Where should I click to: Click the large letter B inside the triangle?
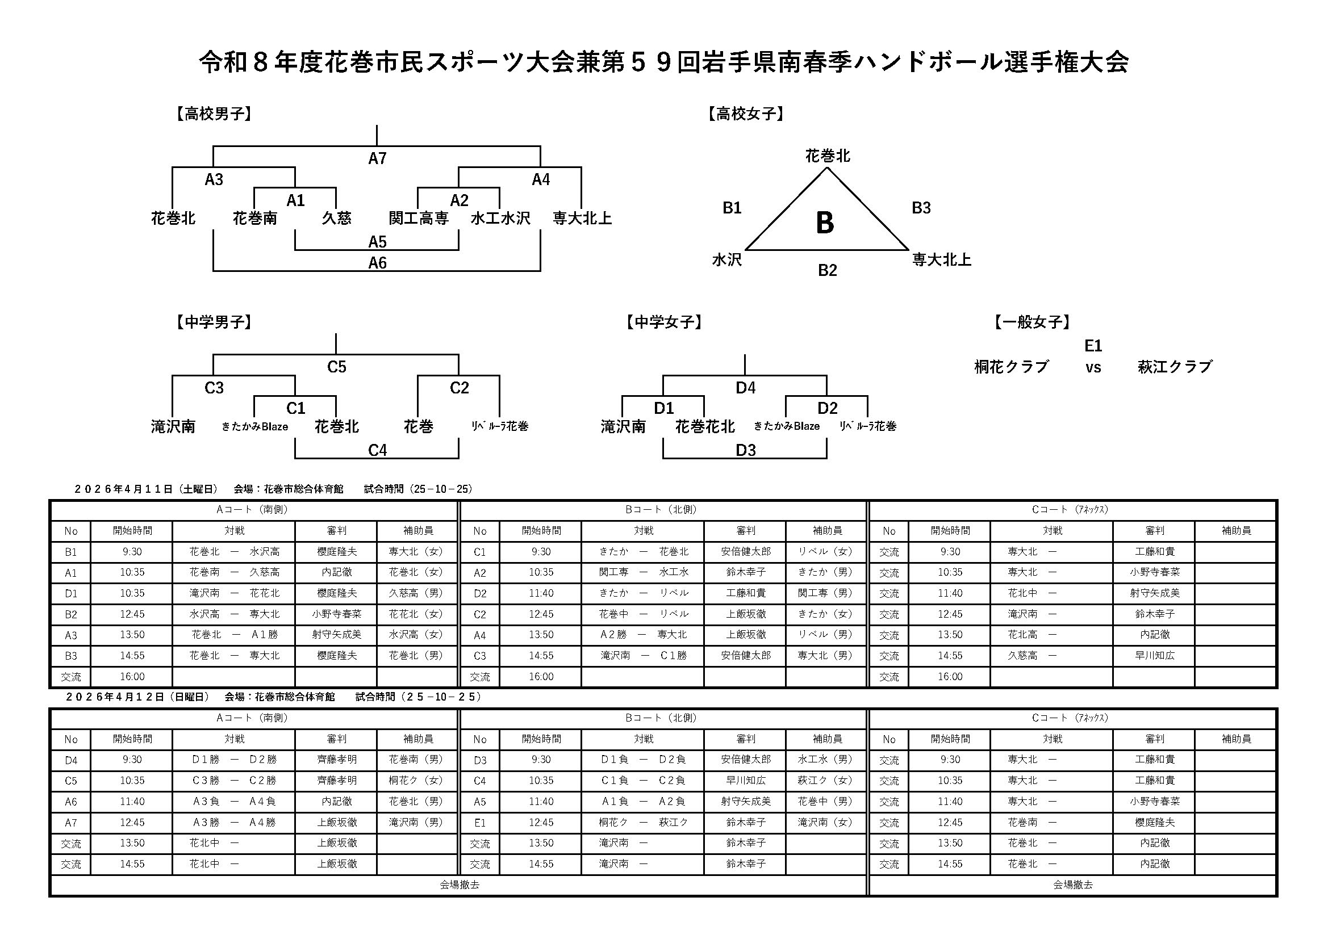(825, 223)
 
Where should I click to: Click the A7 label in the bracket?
(377, 158)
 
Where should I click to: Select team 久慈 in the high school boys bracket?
(336, 218)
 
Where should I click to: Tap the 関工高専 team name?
(418, 218)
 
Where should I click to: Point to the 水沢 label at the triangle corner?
(726, 259)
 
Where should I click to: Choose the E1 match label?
(1093, 346)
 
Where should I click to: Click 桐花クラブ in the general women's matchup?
(1011, 367)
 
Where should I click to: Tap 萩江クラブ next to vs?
(1174, 367)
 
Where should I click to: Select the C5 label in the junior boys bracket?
(337, 367)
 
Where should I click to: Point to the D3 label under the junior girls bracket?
(745, 450)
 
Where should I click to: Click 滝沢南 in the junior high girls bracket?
(623, 427)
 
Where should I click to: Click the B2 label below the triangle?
(827, 270)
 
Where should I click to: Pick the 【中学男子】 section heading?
(214, 322)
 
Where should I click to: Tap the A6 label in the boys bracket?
(377, 263)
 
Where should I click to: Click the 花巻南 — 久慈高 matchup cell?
(234, 572)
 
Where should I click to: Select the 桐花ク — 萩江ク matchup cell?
(643, 822)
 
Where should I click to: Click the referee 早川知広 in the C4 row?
(745, 781)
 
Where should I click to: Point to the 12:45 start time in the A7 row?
(132, 822)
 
